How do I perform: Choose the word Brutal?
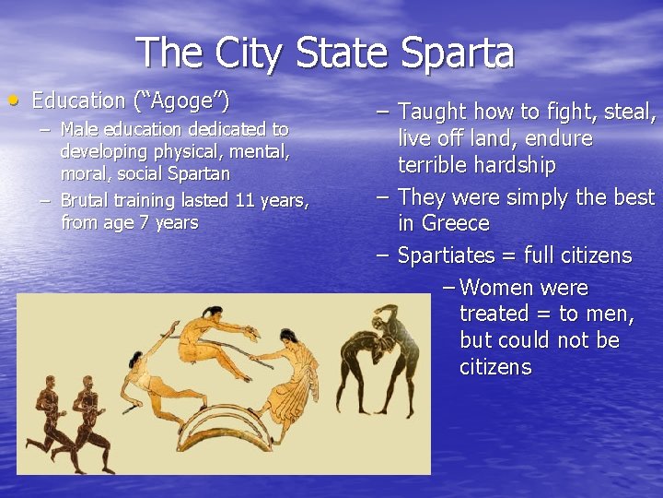tap(85, 200)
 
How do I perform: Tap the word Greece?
tap(456, 223)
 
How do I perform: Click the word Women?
tap(494, 288)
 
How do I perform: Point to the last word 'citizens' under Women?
tap(495, 367)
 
